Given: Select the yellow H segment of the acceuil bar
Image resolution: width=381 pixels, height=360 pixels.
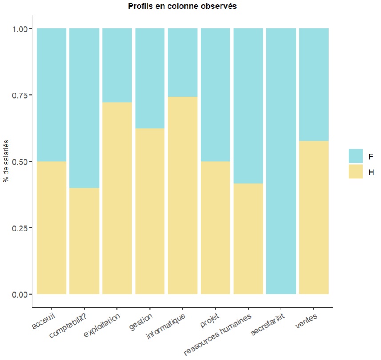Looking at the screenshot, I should tap(52, 227).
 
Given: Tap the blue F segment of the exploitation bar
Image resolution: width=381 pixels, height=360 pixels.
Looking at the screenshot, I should tap(117, 65).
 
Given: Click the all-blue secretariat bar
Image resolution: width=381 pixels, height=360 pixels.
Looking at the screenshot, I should tap(281, 161).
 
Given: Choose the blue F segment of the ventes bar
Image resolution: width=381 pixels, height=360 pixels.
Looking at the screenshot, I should tap(314, 85).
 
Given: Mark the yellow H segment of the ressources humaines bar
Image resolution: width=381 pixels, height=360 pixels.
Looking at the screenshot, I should tap(248, 239).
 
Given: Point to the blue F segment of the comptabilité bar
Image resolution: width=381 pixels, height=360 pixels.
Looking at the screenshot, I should tap(84, 108).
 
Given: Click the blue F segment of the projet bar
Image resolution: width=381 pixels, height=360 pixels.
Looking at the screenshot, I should tap(216, 95).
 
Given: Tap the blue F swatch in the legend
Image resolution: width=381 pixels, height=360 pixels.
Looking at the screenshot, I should tap(356, 156).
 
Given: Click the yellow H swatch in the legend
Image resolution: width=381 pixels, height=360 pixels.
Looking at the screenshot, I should tap(356, 171).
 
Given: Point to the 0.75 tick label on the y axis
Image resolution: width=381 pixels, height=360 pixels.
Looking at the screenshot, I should tap(19, 95).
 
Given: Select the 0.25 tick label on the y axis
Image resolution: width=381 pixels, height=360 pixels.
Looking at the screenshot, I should tap(19, 228).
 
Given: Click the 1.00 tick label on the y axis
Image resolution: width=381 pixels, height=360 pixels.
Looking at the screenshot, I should tap(19, 29).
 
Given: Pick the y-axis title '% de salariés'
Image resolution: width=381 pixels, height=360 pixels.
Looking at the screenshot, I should tap(6, 161).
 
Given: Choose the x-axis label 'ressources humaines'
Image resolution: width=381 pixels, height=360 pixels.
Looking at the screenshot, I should tap(218, 334).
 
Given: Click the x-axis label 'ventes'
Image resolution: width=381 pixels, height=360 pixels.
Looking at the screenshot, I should tap(307, 321).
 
